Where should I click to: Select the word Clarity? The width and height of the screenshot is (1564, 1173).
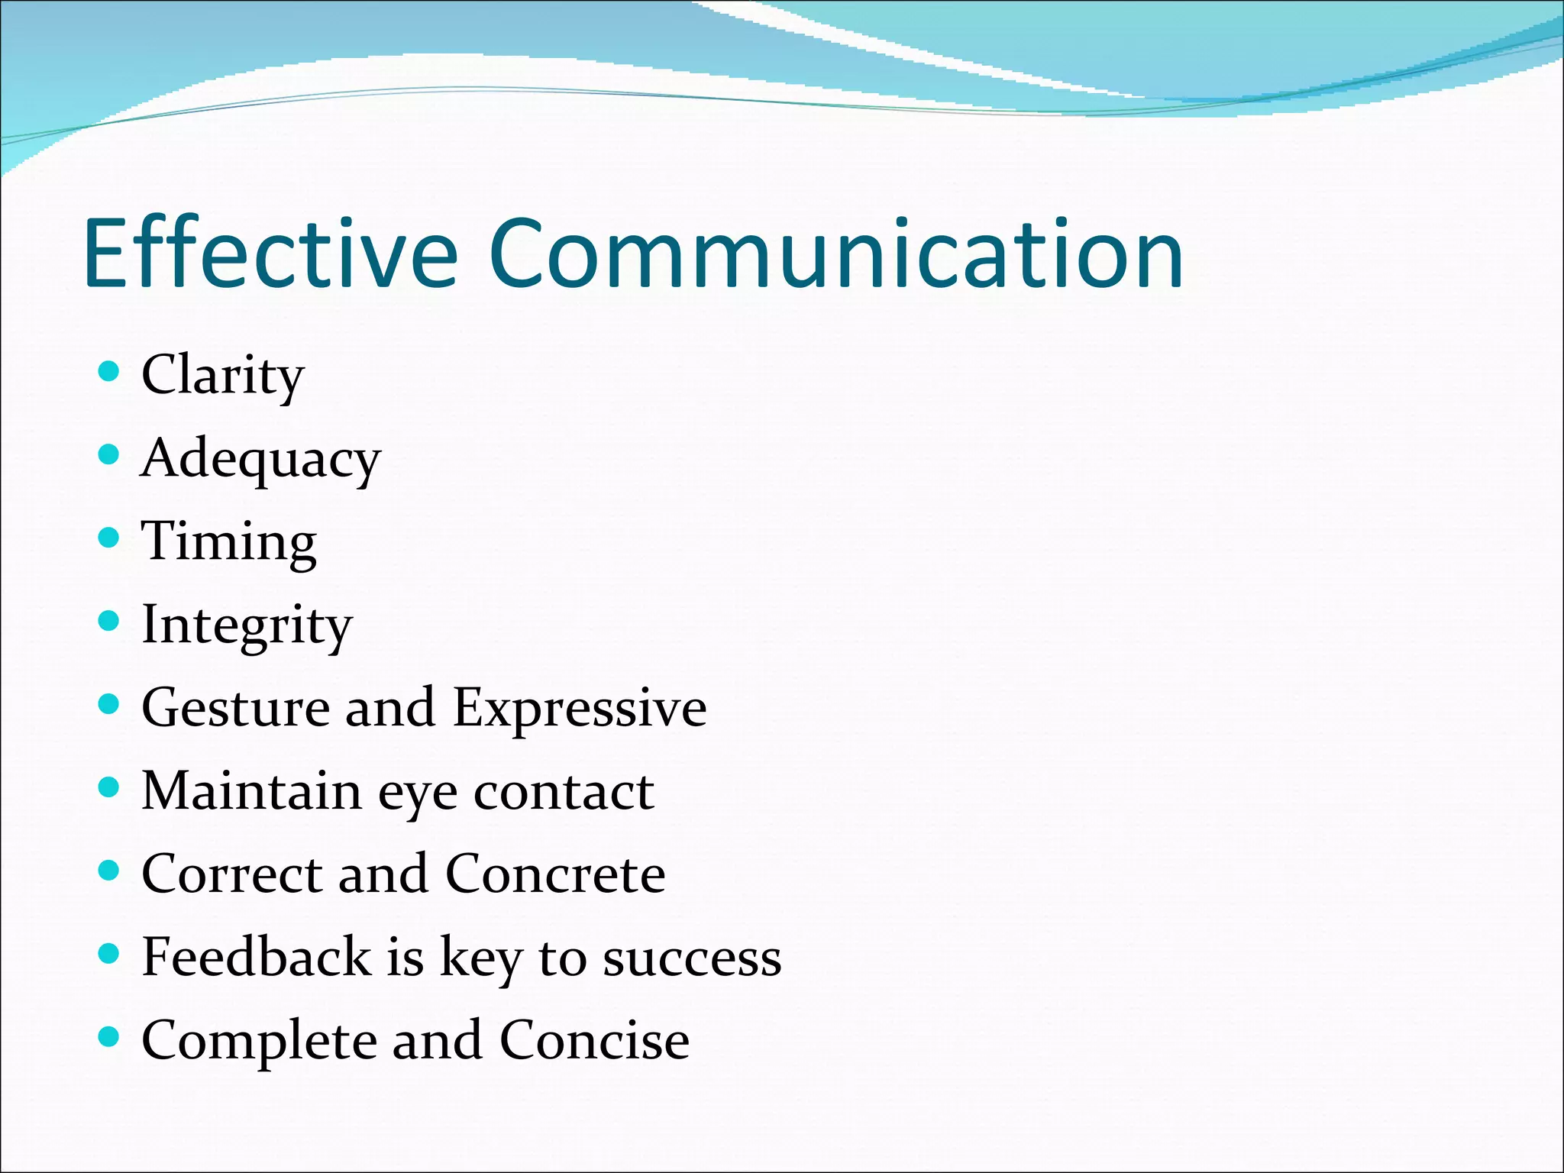tap(223, 376)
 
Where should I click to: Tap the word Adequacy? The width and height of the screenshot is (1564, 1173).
tap(260, 459)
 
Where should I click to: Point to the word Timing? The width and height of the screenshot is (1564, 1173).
tap(229, 542)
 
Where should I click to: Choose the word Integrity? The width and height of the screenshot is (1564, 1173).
tap(247, 625)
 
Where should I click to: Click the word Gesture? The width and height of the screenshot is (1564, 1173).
tap(236, 708)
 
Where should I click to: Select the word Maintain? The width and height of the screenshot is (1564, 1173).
tap(252, 791)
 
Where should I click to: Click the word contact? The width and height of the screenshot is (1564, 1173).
tap(564, 791)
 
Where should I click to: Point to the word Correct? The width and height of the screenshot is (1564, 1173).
tap(232, 874)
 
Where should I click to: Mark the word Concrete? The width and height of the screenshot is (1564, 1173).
tap(555, 874)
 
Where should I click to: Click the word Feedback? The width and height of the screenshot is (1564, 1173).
tap(257, 957)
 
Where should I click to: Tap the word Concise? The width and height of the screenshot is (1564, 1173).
tap(594, 1040)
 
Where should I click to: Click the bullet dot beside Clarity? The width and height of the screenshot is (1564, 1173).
tap(110, 372)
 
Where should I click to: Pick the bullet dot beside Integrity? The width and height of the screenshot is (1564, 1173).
tap(110, 621)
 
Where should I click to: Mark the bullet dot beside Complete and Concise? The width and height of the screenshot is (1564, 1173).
tap(110, 1037)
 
